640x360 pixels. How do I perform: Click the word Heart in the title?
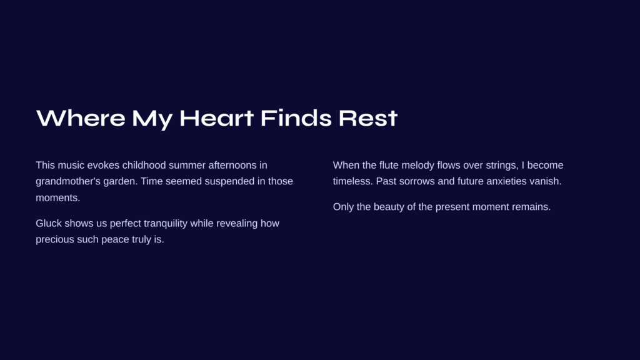(216, 118)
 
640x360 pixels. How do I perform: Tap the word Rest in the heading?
(367, 118)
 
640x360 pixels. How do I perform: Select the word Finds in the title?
(296, 118)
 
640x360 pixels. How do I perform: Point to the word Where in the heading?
(81, 118)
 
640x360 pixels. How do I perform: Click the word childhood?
(144, 165)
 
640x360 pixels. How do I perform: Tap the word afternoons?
(231, 165)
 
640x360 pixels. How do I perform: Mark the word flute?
(389, 165)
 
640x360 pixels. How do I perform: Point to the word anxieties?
(506, 181)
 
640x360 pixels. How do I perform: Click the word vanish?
(546, 181)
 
